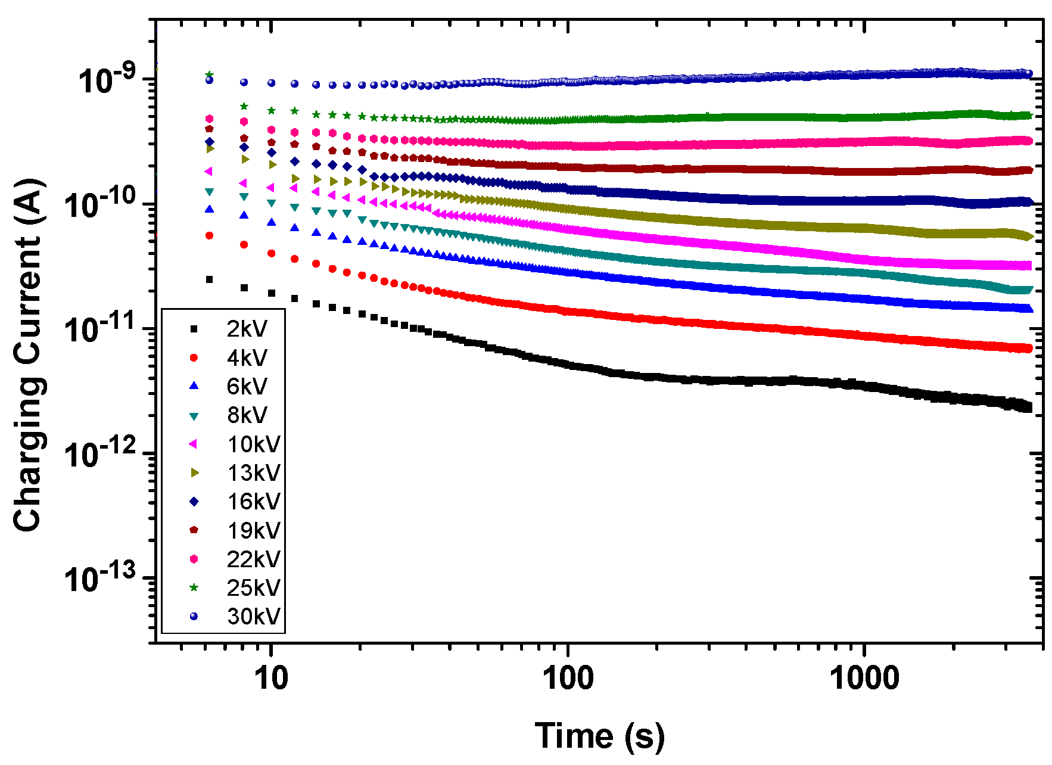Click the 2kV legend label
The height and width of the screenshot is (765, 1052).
[247, 329]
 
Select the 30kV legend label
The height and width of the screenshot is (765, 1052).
[254, 616]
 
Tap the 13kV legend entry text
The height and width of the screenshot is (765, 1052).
[254, 472]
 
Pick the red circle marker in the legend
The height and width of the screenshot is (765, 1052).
[194, 357]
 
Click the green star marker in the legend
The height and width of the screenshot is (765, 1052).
[194, 587]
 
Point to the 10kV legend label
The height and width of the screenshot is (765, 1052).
[254, 444]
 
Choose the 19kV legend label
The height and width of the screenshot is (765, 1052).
[254, 530]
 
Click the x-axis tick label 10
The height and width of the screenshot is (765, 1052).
[272, 677]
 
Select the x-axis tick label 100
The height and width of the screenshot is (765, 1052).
[568, 677]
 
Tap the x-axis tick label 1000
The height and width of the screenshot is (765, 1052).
[864, 677]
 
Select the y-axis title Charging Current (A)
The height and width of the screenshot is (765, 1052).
[28, 354]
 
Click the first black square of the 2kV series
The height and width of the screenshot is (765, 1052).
[209, 279]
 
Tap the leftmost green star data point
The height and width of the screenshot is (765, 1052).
[209, 74]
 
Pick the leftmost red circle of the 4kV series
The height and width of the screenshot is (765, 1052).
[209, 235]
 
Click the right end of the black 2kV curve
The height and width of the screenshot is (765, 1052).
[1028, 408]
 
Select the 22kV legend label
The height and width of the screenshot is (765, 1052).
[254, 559]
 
